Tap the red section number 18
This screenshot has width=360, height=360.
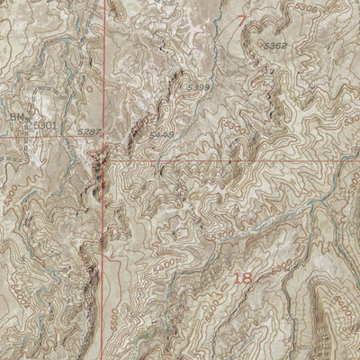(x=242, y=278)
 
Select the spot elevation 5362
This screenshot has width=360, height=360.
(x=274, y=44)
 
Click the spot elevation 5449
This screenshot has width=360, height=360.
(x=162, y=134)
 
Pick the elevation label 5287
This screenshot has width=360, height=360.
(x=88, y=132)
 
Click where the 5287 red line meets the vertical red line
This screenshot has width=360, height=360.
(x=104, y=137)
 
